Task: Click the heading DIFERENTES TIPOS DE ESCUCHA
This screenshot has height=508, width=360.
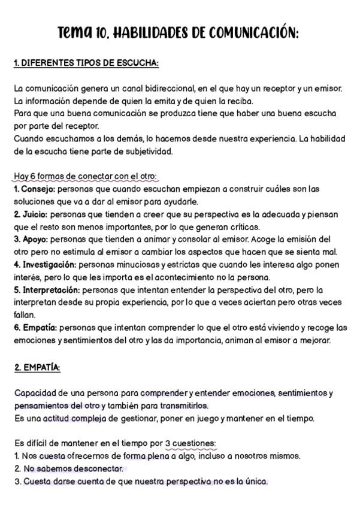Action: pos(90,63)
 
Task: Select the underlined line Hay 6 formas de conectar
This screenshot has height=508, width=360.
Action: pos(85,177)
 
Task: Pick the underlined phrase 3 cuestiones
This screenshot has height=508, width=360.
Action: pos(190,443)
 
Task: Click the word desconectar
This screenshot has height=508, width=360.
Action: pos(96,468)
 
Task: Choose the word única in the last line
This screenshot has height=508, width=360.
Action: pos(255,481)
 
